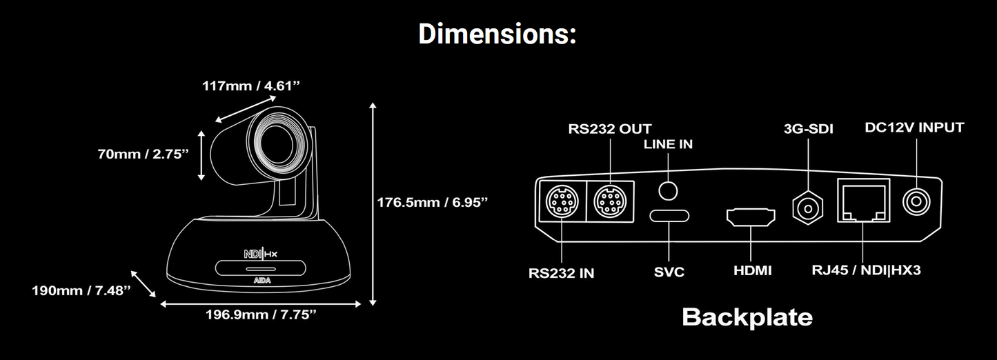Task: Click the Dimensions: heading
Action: pyautogui.click(x=497, y=34)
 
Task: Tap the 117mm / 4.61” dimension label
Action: pyautogui.click(x=251, y=86)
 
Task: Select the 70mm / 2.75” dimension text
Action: pyautogui.click(x=144, y=154)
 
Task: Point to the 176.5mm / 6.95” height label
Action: pyautogui.click(x=433, y=203)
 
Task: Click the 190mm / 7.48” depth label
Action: pyautogui.click(x=81, y=290)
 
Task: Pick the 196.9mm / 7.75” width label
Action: pyautogui.click(x=261, y=314)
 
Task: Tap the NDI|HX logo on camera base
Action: pyautogui.click(x=261, y=254)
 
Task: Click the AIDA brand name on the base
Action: pyautogui.click(x=262, y=281)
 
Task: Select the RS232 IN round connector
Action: pyautogui.click(x=562, y=201)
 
